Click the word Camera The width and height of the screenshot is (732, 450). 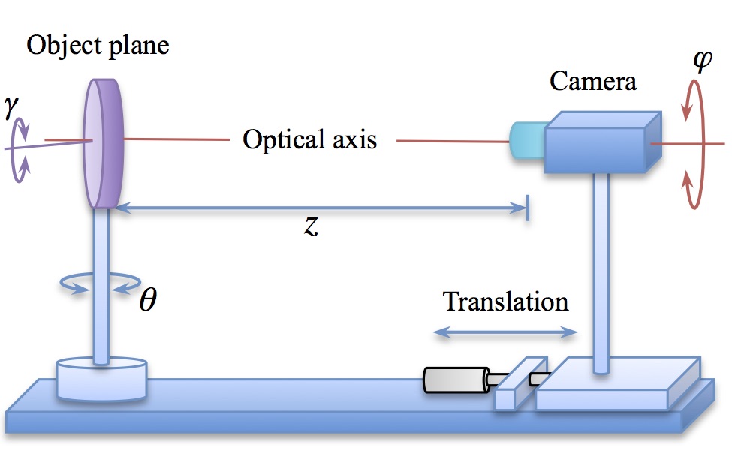592,80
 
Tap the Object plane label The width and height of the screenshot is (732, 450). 98,46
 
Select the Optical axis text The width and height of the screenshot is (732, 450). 309,139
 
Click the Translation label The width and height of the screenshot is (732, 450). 505,301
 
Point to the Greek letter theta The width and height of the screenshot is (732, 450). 148,300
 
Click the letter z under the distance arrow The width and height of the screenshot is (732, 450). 311,226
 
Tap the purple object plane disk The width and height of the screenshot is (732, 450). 103,142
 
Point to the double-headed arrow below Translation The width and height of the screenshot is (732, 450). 507,331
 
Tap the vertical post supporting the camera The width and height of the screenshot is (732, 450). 601,270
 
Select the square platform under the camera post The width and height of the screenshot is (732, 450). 616,382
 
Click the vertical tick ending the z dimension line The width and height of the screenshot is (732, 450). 528,208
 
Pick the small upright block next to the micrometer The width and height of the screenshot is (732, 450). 519,382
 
